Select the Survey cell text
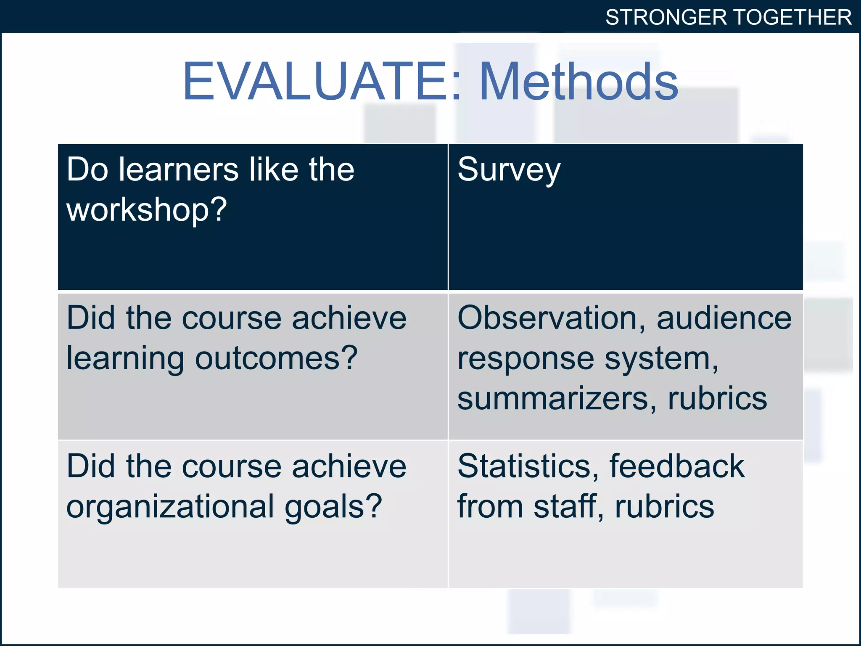[509, 170]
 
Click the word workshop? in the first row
[147, 209]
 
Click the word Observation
[551, 318]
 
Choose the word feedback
[677, 466]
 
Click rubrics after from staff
[665, 506]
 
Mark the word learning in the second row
[125, 359]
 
